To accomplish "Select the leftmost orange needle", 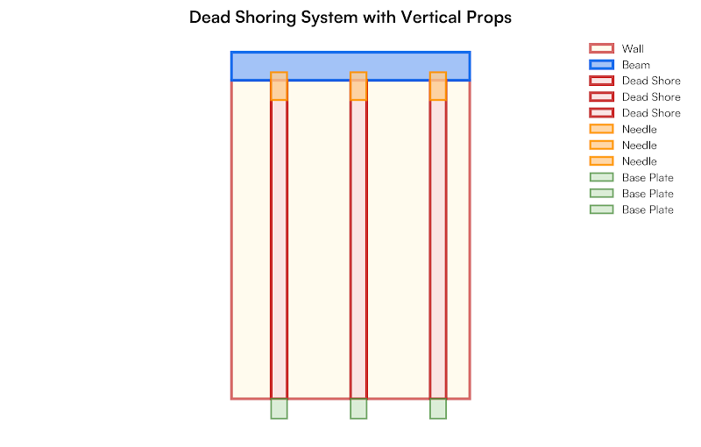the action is (x=279, y=87).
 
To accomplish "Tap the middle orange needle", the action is (x=358, y=87).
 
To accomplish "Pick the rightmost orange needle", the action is (x=438, y=87).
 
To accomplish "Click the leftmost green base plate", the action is (x=279, y=408).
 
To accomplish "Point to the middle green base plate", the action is (x=358, y=408).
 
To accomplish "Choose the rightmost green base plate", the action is (x=438, y=408).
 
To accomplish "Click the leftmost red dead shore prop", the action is (x=279, y=250).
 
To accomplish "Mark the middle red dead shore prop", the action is (x=358, y=250).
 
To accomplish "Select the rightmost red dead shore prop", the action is (x=438, y=250).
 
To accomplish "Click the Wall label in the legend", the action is (x=633, y=49).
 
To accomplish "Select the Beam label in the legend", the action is (x=636, y=65).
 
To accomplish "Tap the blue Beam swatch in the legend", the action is (x=601, y=65).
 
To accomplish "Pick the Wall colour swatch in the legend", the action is (x=601, y=49).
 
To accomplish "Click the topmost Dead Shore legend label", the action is (x=651, y=81).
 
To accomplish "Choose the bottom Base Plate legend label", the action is (x=648, y=210).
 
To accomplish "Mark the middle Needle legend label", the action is (x=639, y=145).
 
